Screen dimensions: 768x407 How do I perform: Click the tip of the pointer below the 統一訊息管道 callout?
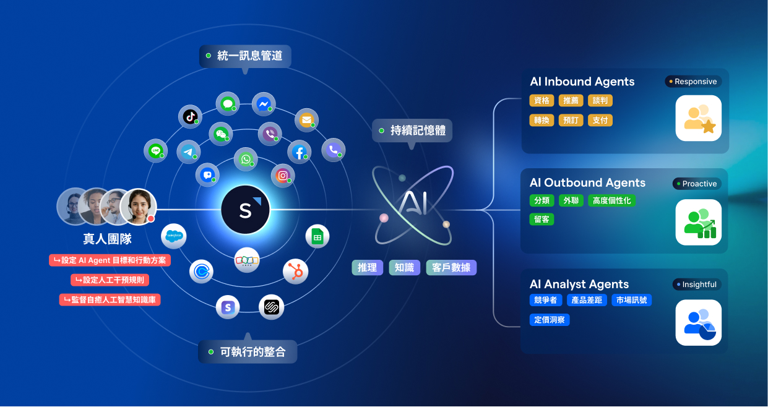click(245, 74)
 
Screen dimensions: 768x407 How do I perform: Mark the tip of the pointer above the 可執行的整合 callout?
click(248, 333)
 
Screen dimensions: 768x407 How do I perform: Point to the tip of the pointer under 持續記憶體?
click(412, 150)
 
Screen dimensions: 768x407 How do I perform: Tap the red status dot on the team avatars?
click(151, 218)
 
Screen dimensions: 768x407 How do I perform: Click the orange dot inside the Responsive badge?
click(671, 82)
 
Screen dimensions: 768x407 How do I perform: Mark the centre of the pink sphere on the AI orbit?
click(384, 218)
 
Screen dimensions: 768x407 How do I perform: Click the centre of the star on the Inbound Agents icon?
click(709, 126)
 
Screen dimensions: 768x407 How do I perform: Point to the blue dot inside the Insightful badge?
click(678, 285)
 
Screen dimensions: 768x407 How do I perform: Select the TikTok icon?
click(190, 117)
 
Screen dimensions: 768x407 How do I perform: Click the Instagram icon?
click(283, 176)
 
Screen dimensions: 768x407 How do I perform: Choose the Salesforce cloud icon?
click(174, 236)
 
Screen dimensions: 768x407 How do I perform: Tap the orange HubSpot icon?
click(296, 272)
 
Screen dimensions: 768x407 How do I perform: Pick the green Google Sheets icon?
click(317, 237)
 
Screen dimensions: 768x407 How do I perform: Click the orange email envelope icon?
click(306, 120)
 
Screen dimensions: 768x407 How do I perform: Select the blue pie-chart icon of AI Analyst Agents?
click(699, 323)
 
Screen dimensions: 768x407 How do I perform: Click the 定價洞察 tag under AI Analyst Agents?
click(550, 320)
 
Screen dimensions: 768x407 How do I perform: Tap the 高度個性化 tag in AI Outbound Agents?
click(611, 200)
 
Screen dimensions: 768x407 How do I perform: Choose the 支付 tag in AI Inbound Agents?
click(600, 120)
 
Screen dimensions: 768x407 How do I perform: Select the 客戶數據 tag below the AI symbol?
click(451, 268)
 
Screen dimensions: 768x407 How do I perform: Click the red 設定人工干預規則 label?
click(110, 280)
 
